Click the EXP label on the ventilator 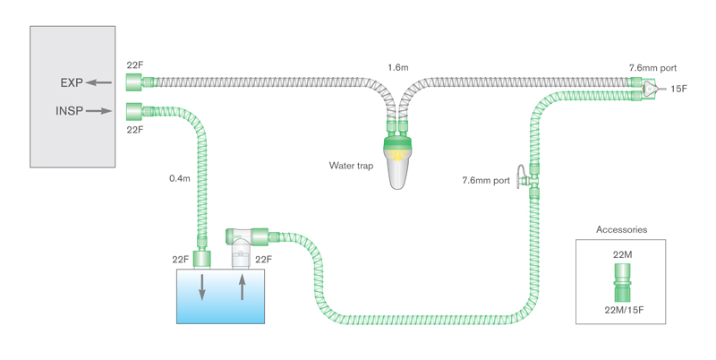tap(72, 83)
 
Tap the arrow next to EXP tap(99, 83)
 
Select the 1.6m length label tap(399, 67)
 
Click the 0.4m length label tap(181, 178)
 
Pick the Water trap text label tap(352, 166)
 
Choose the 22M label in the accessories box tap(622, 256)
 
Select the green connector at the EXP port tap(135, 83)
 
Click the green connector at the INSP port tap(135, 111)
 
